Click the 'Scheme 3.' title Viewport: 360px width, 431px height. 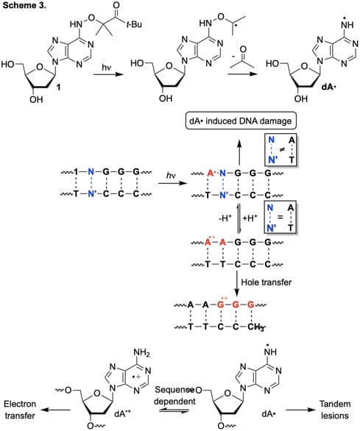[24, 5]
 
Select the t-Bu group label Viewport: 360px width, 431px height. [134, 24]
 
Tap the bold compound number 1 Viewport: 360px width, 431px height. [58, 88]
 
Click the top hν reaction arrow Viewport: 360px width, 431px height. [108, 74]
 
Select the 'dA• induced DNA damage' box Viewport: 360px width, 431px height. [241, 121]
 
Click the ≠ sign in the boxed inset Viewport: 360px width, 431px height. [281, 150]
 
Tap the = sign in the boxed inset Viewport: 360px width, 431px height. [280, 217]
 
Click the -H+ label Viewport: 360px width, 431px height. [225, 218]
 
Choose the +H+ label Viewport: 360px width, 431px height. [250, 218]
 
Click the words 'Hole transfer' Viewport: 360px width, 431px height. [267, 282]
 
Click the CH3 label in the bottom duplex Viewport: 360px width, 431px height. [255, 327]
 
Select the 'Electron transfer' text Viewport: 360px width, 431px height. [20, 410]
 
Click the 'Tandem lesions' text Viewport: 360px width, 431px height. [335, 410]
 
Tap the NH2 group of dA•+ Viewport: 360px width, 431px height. [142, 352]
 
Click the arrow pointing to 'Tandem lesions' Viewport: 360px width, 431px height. [300, 410]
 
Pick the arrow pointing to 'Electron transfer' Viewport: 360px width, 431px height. [57, 410]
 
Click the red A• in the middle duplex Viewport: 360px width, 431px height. [211, 173]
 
